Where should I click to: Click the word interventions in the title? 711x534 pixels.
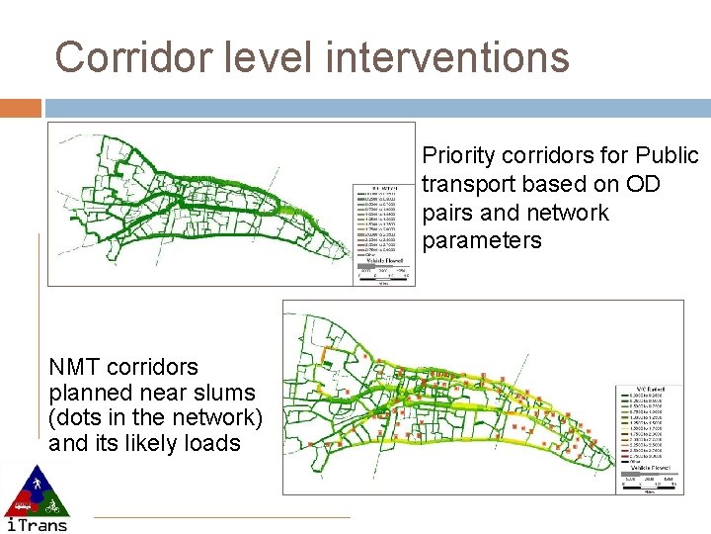(x=447, y=56)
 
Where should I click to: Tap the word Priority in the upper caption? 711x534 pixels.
(x=459, y=156)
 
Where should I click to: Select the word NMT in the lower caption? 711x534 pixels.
(x=76, y=367)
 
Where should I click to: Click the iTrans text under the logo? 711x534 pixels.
(x=37, y=524)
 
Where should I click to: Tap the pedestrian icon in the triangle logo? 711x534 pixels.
(x=37, y=484)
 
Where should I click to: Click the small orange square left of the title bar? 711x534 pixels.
(x=21, y=107)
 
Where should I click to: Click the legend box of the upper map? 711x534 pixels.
(x=386, y=223)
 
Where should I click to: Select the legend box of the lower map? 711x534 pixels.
(x=651, y=426)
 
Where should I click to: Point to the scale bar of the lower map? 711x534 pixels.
(x=651, y=483)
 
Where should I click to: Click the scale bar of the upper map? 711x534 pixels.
(x=386, y=276)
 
